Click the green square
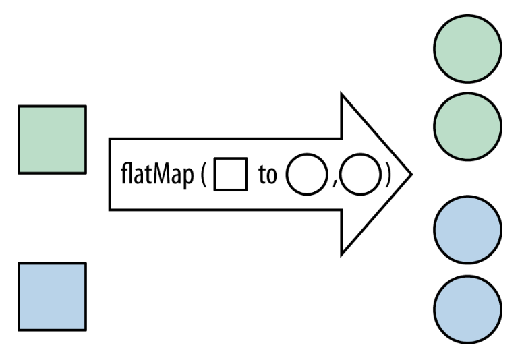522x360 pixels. [x=52, y=140]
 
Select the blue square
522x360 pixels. [x=52, y=297]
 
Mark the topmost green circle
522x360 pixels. [x=467, y=45]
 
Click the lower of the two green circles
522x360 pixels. [x=467, y=122]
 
